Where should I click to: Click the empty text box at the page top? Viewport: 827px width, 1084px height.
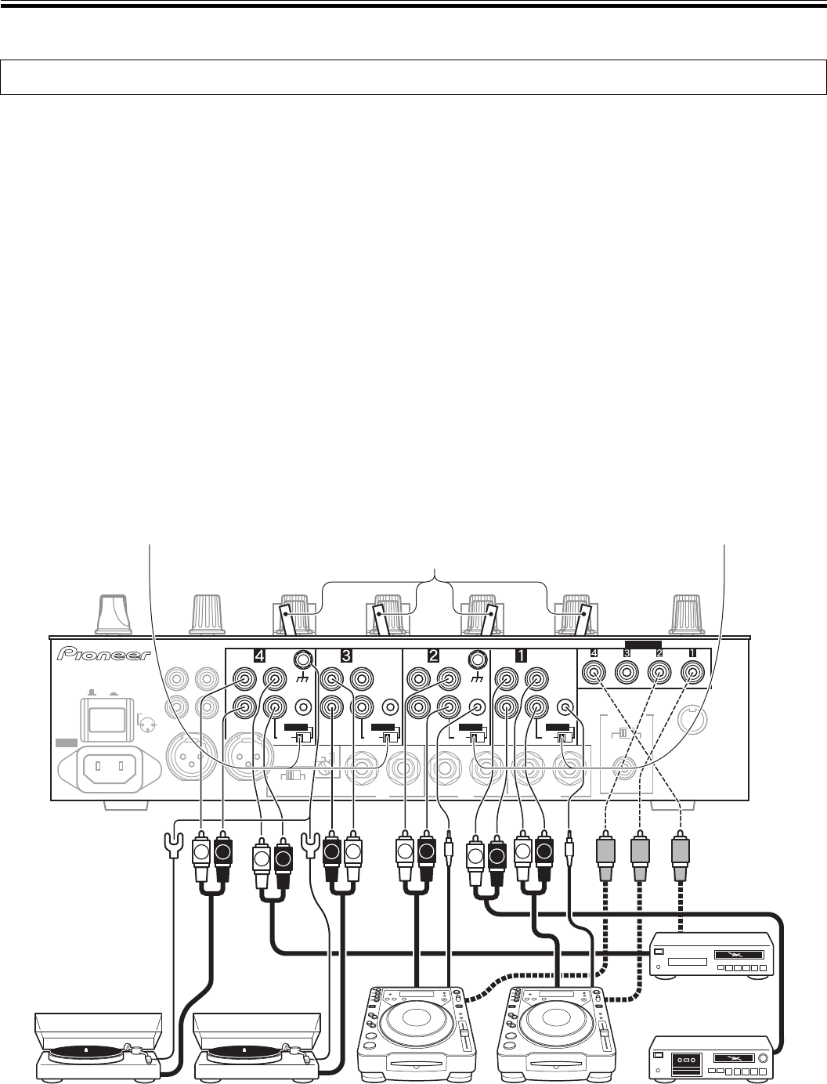click(413, 77)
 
